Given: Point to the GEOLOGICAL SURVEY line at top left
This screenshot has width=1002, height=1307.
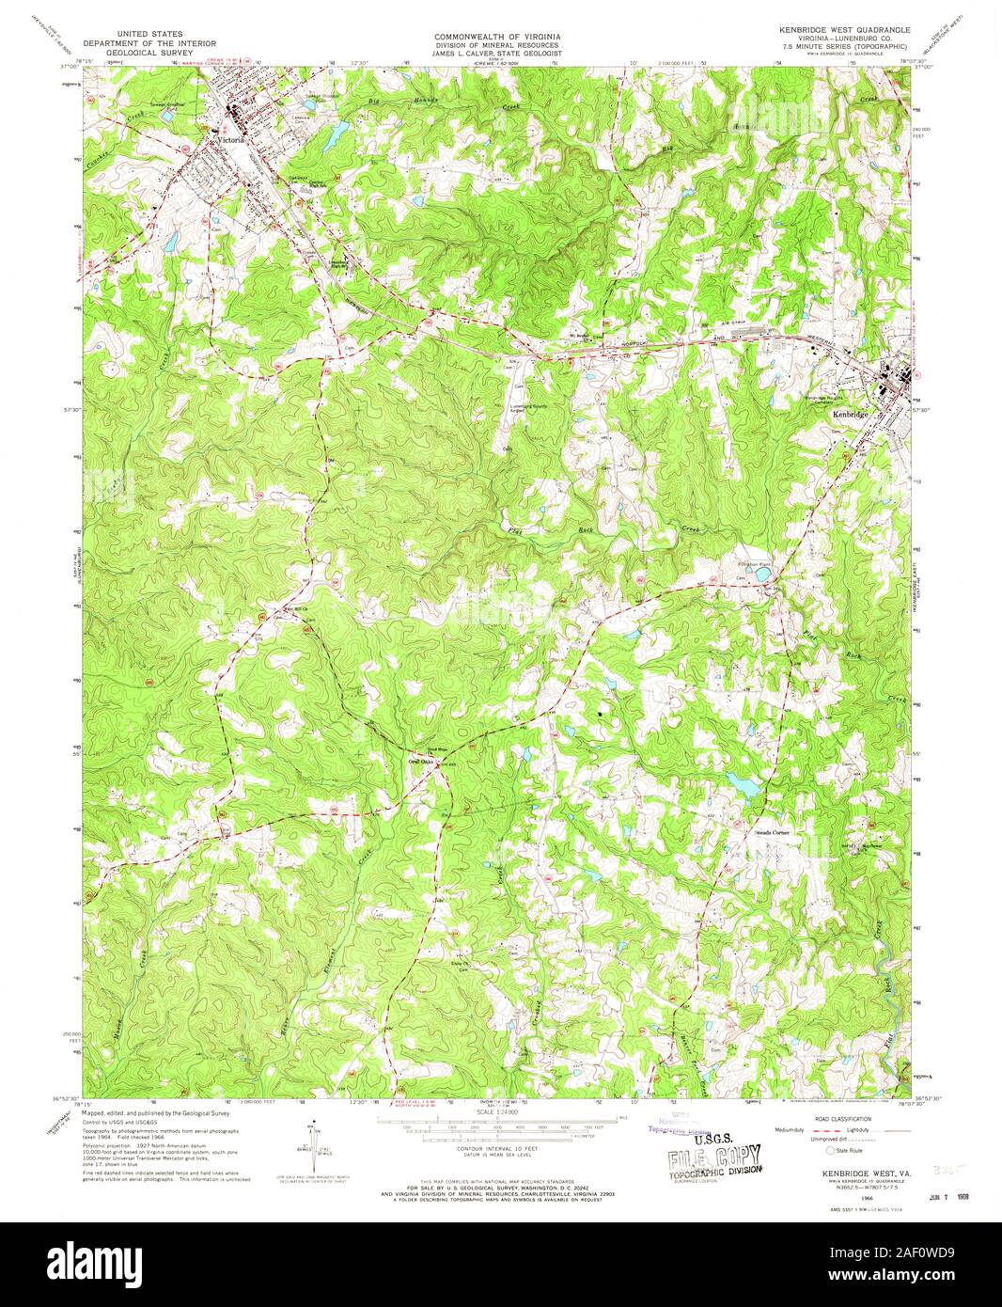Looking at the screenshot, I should pos(149,53).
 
